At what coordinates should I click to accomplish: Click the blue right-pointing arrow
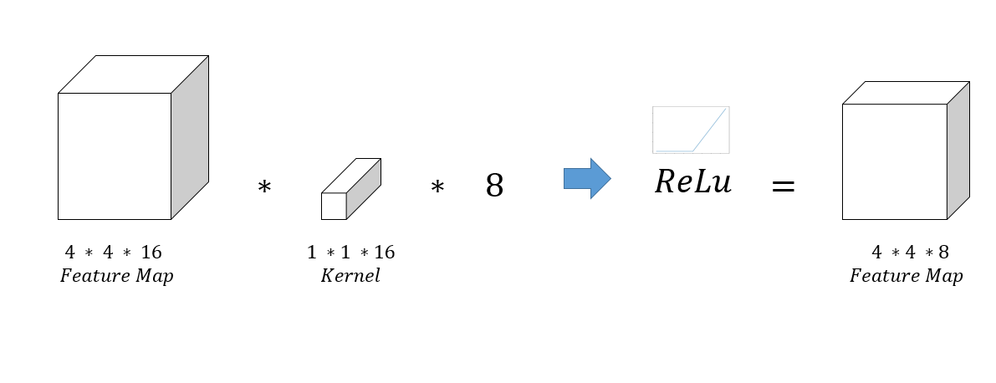[x=587, y=178]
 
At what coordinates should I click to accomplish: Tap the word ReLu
[x=692, y=182]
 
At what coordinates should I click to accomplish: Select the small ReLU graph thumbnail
[x=691, y=130]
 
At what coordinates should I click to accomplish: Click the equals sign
[x=782, y=186]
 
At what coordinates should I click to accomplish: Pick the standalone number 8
[x=494, y=186]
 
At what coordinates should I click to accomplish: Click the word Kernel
[x=350, y=276]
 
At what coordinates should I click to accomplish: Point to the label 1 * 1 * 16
[x=350, y=253]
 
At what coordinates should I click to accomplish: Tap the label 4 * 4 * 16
[x=114, y=253]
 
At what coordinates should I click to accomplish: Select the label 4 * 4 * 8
[x=909, y=253]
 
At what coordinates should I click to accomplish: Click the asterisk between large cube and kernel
[x=264, y=189]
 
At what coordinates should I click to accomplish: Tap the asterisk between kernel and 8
[x=437, y=189]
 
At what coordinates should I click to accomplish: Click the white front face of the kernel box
[x=334, y=206]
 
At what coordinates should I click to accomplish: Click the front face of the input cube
[x=115, y=156]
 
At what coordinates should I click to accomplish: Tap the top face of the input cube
[x=133, y=74]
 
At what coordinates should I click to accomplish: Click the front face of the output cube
[x=894, y=161]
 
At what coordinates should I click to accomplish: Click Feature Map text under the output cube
[x=906, y=276]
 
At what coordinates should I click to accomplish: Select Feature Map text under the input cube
[x=116, y=276]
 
